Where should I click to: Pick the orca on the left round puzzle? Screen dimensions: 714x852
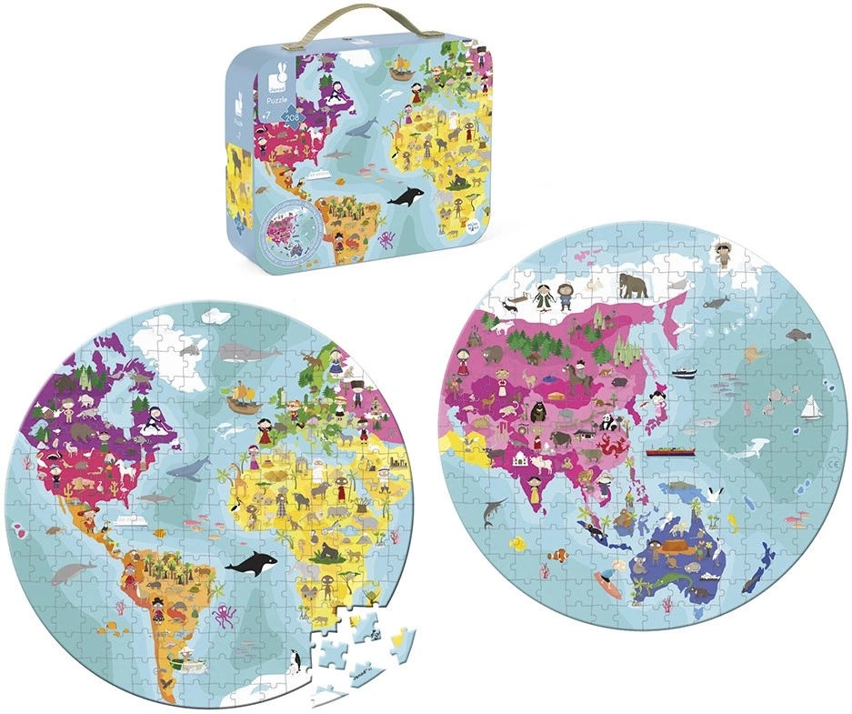(251, 565)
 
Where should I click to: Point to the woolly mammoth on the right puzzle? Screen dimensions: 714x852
(633, 285)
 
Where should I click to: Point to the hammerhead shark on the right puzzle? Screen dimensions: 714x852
(495, 515)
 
